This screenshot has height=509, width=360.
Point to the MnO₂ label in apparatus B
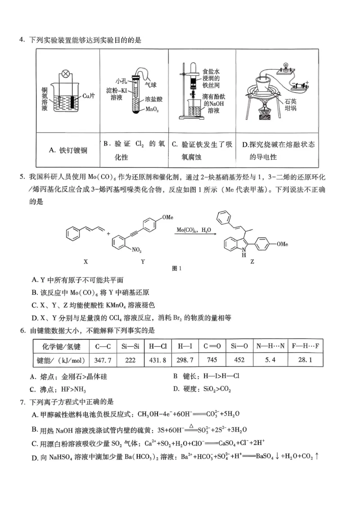pos(153,109)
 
